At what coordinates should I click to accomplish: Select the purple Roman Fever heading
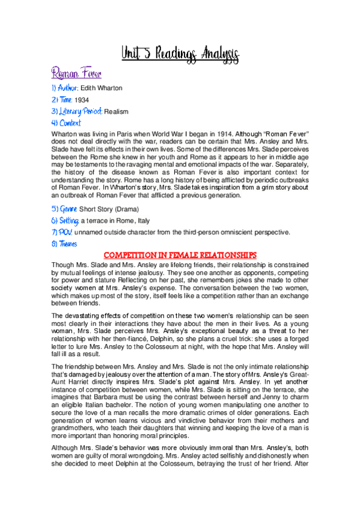tap(76, 75)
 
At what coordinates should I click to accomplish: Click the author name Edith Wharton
tap(101, 88)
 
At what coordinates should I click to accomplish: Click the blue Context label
tap(66, 123)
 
